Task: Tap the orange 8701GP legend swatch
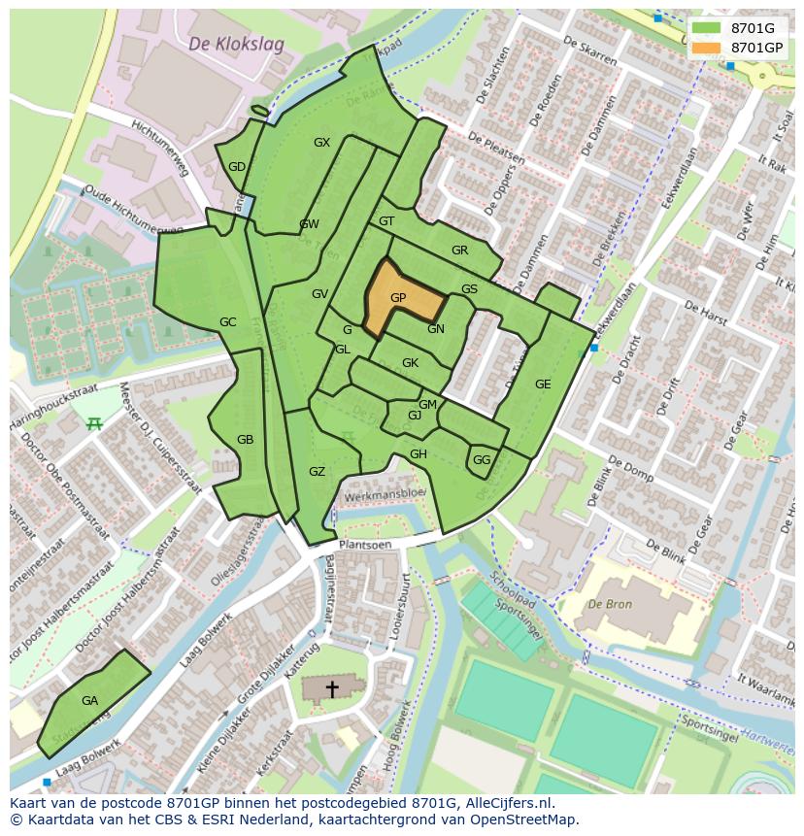click(706, 48)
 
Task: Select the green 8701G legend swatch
click(706, 28)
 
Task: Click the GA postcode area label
click(89, 701)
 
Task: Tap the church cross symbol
click(332, 688)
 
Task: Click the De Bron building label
click(610, 604)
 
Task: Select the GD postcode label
click(237, 167)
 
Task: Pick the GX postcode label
click(321, 143)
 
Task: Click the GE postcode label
click(543, 385)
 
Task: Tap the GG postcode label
click(482, 460)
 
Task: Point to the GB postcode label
click(245, 440)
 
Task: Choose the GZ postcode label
click(317, 472)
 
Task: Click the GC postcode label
click(227, 322)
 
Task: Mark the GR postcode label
click(459, 251)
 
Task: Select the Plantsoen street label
click(365, 546)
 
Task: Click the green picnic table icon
click(94, 423)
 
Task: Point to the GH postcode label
click(418, 454)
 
